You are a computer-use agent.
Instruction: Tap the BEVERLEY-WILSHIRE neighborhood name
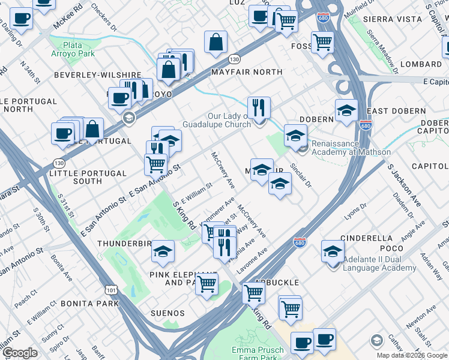pos(97,75)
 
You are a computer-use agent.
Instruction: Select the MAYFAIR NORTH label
pos(247,72)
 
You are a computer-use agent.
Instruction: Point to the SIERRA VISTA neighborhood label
pos(393,19)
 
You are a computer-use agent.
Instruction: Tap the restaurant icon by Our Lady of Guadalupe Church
pos(259,108)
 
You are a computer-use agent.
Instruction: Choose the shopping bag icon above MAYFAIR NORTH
pos(215,43)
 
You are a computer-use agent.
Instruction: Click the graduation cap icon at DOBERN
pos(346,111)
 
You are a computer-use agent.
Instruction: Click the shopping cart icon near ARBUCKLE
pos(253,293)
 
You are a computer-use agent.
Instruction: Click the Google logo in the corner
pos(20,353)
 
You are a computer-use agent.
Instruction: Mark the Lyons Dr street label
pos(355,212)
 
